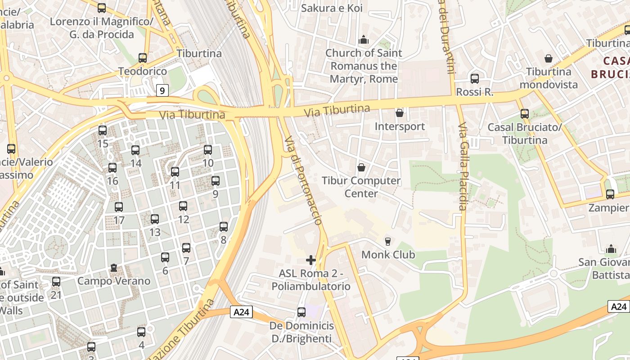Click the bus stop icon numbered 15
pos(103,130)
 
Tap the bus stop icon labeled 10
pos(207,150)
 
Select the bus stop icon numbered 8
pos(224,227)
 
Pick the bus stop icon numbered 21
pos(56,282)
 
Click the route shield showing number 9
pos(162,90)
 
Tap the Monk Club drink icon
pos(387,242)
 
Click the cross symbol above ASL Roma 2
pos(311,260)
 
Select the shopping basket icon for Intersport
pos(399,113)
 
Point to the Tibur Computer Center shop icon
pos(361,168)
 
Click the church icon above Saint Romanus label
pos(364,40)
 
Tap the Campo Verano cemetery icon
pos(114,268)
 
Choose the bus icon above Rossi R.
pos(475,79)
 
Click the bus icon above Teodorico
pos(143,58)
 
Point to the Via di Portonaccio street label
pos(304,180)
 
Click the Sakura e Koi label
pos(332,8)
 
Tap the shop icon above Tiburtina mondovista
pos(549,58)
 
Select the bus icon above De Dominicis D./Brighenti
pos(301,312)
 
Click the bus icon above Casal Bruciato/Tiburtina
pos(525,114)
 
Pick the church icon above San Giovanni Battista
pos(611,249)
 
